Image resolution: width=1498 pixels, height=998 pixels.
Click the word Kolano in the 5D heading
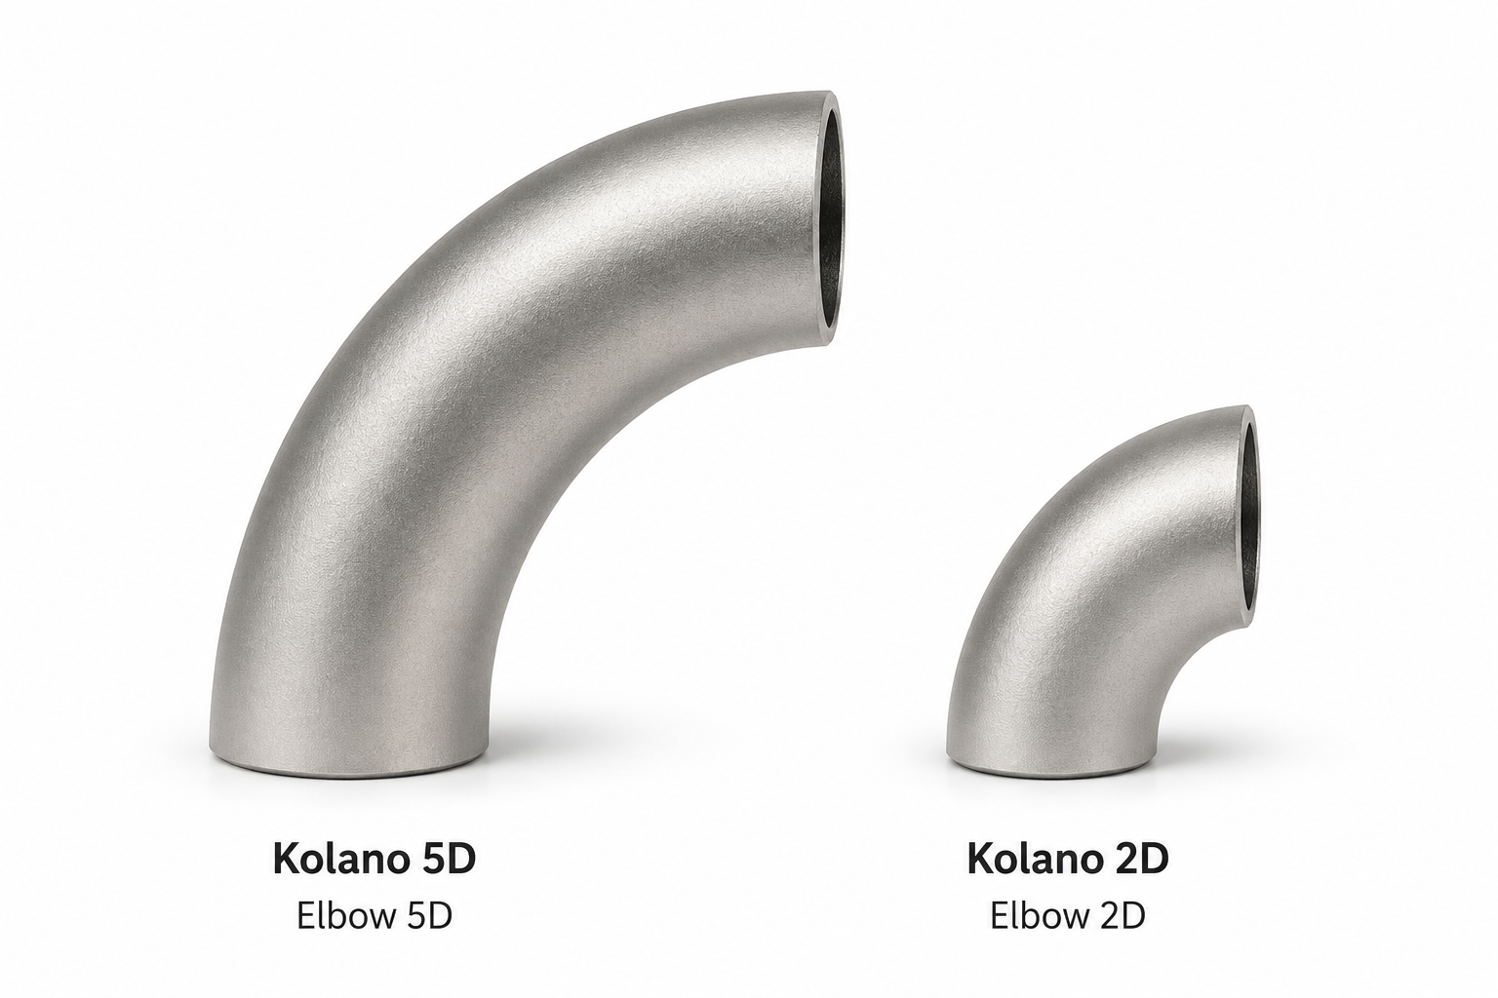(339, 859)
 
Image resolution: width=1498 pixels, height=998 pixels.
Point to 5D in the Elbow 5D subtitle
(429, 916)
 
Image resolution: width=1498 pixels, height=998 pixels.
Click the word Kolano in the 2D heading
(1033, 859)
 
